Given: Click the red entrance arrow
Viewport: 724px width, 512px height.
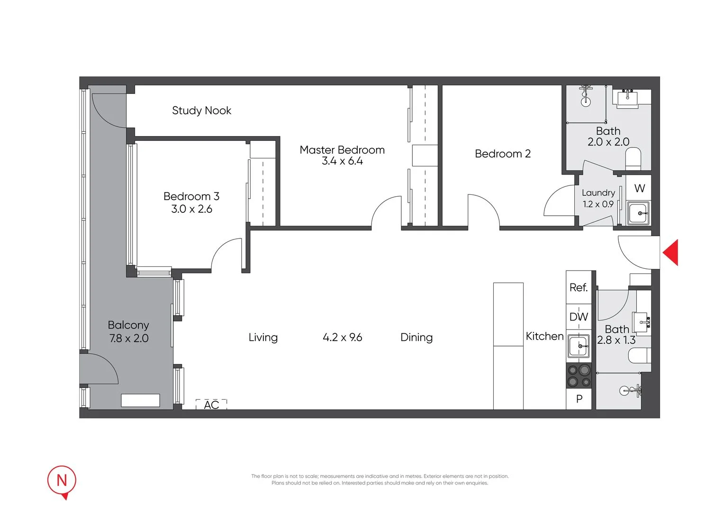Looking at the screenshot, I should click(x=671, y=252).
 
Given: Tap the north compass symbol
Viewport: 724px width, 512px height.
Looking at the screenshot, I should click(x=62, y=481).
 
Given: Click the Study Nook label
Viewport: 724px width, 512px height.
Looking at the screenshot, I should click(x=201, y=110).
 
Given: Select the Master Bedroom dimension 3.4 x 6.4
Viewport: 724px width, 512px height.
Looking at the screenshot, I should click(x=342, y=161).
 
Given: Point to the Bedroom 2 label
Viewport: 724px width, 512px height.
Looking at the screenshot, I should click(x=502, y=154).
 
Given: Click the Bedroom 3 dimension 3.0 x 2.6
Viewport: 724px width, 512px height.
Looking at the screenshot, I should click(x=191, y=209).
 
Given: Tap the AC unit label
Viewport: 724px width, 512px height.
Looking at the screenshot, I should click(x=211, y=404).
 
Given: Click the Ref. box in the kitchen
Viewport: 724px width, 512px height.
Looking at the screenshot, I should click(x=579, y=287).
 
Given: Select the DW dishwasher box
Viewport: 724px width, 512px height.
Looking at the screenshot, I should click(x=579, y=317).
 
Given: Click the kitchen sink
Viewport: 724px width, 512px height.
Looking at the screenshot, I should click(x=579, y=346).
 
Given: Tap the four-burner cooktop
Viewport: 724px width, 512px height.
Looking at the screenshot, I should click(x=579, y=375).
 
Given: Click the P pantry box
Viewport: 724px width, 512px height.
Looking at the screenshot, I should click(x=579, y=399).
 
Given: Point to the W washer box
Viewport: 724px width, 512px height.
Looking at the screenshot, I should click(x=639, y=188).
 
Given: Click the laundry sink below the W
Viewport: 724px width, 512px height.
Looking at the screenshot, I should click(x=639, y=213).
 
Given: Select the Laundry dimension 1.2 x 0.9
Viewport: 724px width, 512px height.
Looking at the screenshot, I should click(x=598, y=204).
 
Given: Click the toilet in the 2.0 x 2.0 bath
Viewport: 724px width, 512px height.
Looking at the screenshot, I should click(x=633, y=158).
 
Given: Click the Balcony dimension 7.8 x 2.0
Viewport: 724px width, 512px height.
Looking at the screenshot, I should click(x=128, y=338).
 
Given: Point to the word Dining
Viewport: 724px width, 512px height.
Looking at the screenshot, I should click(x=416, y=337).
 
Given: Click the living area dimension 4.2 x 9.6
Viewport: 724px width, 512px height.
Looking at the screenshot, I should click(x=342, y=337).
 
